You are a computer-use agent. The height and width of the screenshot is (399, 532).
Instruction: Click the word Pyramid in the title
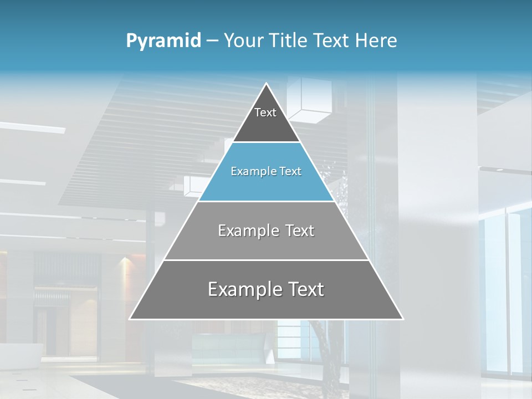pos(163,41)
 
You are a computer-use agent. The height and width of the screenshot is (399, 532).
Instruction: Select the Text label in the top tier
pos(265,112)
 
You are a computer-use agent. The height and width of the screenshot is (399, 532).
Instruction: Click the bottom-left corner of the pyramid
pos(130,319)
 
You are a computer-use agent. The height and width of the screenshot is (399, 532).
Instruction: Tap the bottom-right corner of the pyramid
pos(402,319)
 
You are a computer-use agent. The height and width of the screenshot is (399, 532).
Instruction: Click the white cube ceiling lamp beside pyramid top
pos(310,103)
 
